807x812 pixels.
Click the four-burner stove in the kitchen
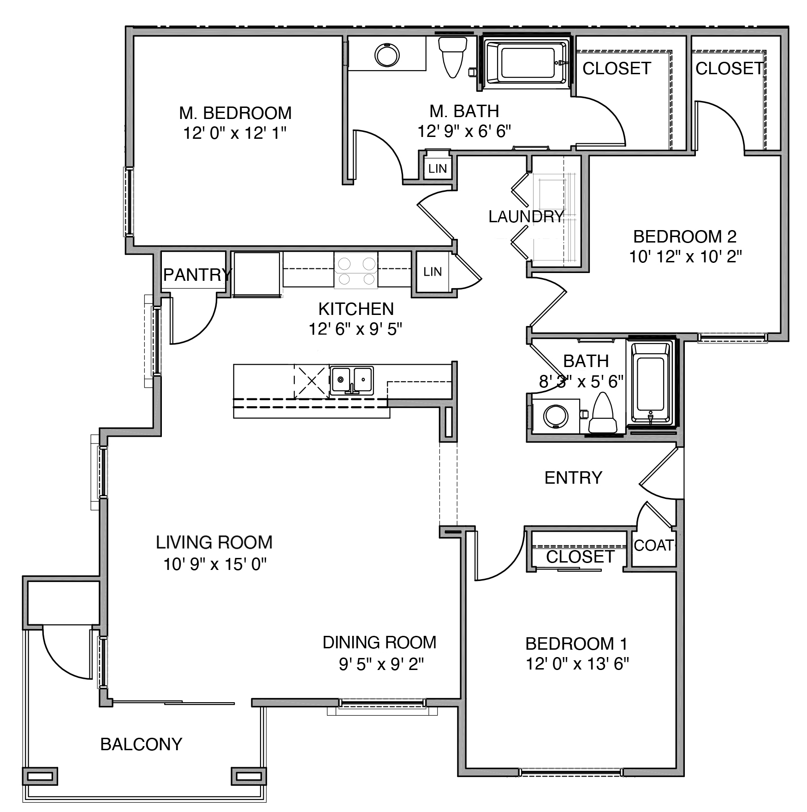(x=356, y=271)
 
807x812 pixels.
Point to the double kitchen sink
(x=352, y=380)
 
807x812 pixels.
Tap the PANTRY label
(x=197, y=275)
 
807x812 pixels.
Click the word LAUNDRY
(x=526, y=216)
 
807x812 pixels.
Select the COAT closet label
(x=654, y=545)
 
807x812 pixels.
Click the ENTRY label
(x=573, y=478)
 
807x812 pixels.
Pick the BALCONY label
(x=141, y=744)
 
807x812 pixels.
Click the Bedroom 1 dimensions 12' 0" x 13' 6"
(x=577, y=664)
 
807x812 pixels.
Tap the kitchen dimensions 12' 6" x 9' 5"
(x=355, y=329)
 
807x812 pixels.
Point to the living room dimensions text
(x=215, y=564)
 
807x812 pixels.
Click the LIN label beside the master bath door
(x=437, y=169)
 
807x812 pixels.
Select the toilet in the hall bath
(x=603, y=413)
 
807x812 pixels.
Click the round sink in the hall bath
(x=556, y=416)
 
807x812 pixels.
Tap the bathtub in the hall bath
(x=651, y=383)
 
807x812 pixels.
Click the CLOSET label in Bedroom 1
(x=580, y=557)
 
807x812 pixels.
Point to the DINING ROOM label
(x=379, y=642)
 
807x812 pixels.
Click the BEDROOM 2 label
(x=685, y=237)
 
